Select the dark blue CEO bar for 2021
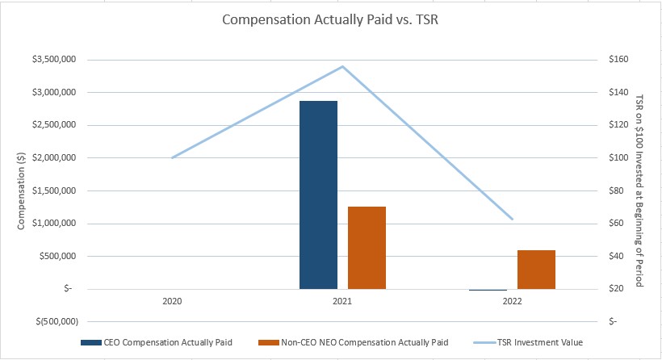tap(318, 195)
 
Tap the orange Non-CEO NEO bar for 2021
tap(367, 247)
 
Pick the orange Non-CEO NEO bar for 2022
tap(536, 269)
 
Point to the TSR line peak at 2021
tap(343, 66)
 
